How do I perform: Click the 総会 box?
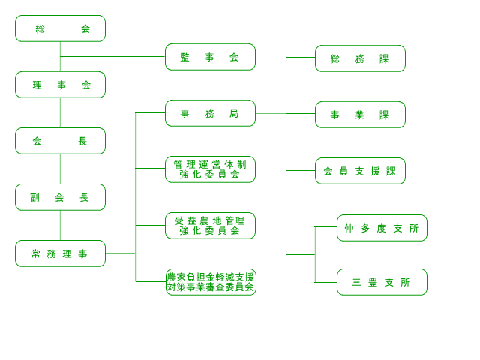coord(60,28)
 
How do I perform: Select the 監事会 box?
coord(210,57)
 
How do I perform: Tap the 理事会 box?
coord(60,85)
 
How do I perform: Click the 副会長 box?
coord(60,197)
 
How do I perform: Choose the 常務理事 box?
coord(60,253)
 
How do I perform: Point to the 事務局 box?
coord(210,113)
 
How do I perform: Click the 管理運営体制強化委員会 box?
coord(210,169)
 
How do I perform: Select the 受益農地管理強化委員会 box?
coord(210,226)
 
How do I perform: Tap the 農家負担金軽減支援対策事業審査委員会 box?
coord(211,282)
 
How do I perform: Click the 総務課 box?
coord(360,58)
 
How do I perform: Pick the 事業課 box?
coord(360,115)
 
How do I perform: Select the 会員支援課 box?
coord(360,171)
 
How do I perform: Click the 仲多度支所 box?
coord(382,228)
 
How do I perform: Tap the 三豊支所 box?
coord(382,282)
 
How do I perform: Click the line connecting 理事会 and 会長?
coord(60,112)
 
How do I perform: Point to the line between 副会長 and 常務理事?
coord(60,225)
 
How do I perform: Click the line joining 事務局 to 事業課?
coord(285,113)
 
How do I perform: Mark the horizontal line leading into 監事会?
coord(112,57)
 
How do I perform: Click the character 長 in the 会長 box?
coord(82,141)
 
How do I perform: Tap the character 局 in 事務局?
coord(234,113)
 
